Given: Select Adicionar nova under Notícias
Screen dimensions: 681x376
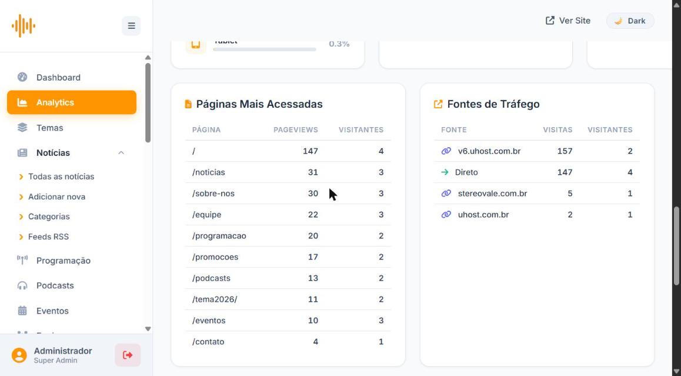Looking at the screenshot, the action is (x=56, y=197).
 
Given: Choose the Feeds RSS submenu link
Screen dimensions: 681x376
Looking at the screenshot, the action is (x=48, y=237).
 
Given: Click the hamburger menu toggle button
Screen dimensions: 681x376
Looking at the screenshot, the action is (x=131, y=26).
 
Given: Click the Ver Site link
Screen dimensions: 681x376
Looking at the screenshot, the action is (x=567, y=21).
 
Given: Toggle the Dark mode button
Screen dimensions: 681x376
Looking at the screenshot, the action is (x=630, y=21).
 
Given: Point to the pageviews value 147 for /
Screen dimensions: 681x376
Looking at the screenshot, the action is (x=311, y=151).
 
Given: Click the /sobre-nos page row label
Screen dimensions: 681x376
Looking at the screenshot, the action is (x=213, y=194).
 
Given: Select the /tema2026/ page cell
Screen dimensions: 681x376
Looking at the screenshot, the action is (x=215, y=300).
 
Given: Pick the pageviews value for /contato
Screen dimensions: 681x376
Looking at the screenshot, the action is (x=316, y=342).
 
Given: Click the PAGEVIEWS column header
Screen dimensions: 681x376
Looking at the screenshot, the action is (x=296, y=130).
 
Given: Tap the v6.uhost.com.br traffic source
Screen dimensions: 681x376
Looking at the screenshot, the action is (x=489, y=151).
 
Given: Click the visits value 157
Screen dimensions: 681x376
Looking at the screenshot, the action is (x=565, y=151).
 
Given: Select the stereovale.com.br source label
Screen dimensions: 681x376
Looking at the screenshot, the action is (x=492, y=194).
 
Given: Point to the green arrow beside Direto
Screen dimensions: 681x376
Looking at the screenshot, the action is (x=445, y=172).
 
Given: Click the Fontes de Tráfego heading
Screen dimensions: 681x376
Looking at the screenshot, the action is (x=493, y=104).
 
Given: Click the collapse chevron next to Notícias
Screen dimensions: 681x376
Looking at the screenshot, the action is (x=121, y=153).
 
